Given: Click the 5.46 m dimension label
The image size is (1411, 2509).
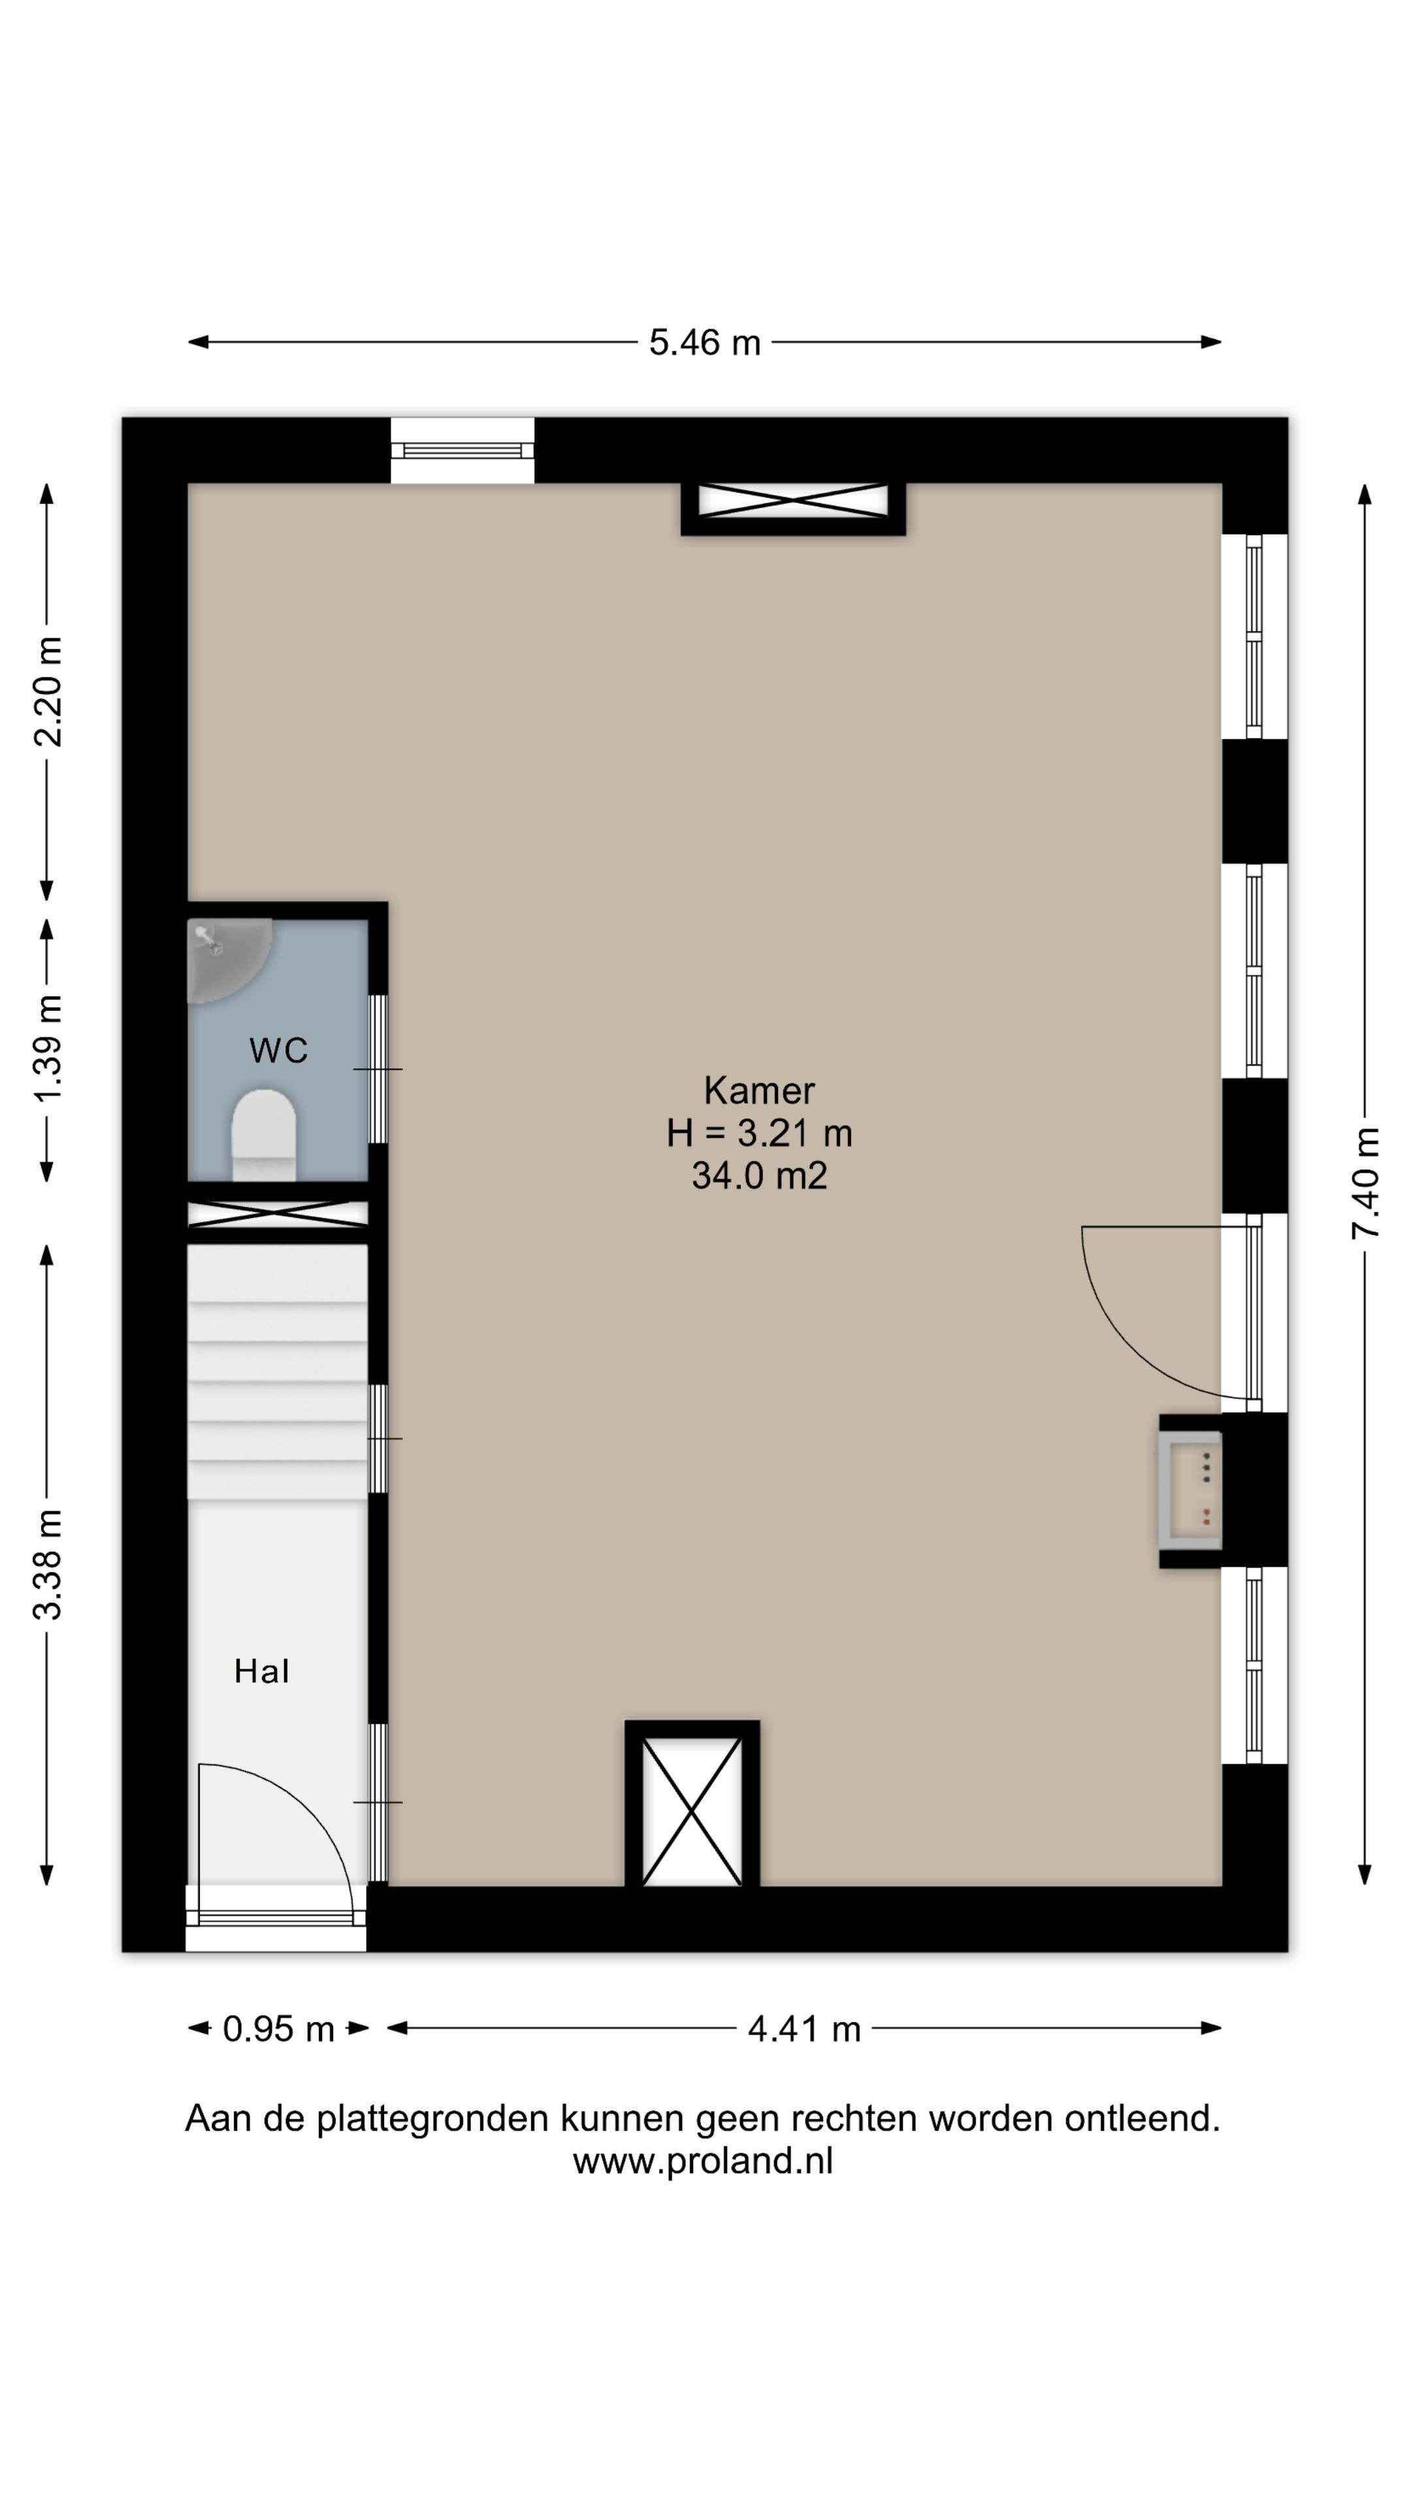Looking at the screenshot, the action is click(704, 343).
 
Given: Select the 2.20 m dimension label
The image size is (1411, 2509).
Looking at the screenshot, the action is click(48, 691).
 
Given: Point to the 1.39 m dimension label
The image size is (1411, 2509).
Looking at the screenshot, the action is click(48, 1049).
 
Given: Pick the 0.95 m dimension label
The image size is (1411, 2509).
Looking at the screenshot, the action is click(278, 2029).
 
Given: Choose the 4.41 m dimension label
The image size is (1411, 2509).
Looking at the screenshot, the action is click(804, 2029).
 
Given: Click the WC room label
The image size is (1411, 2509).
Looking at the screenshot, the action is click(278, 1050).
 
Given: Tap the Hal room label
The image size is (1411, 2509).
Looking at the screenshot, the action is click(261, 1671).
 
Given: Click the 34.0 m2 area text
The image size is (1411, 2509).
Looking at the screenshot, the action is click(760, 1175).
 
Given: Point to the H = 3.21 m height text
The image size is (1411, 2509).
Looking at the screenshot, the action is click(760, 1133).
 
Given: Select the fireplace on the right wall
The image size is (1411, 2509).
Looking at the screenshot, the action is click(1191, 1490).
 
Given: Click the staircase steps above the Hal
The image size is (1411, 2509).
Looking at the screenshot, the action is click(278, 1372).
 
